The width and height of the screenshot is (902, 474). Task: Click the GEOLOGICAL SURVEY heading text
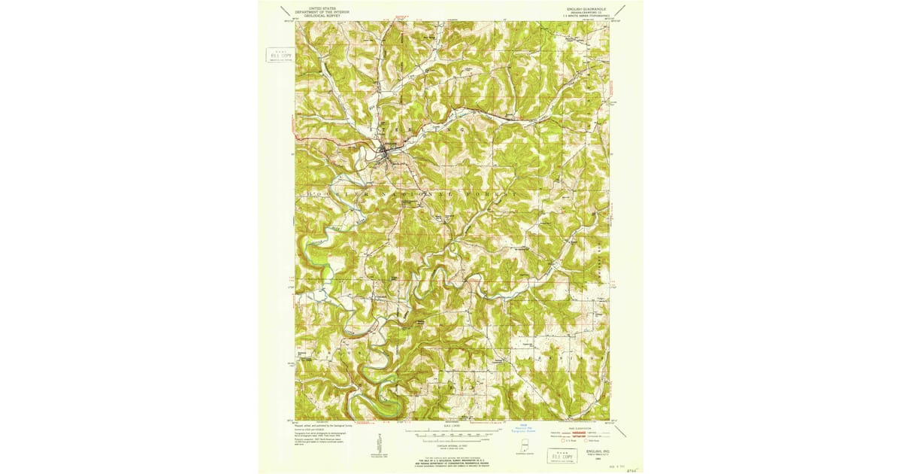315,16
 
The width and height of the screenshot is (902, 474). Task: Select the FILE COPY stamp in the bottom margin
558,456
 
